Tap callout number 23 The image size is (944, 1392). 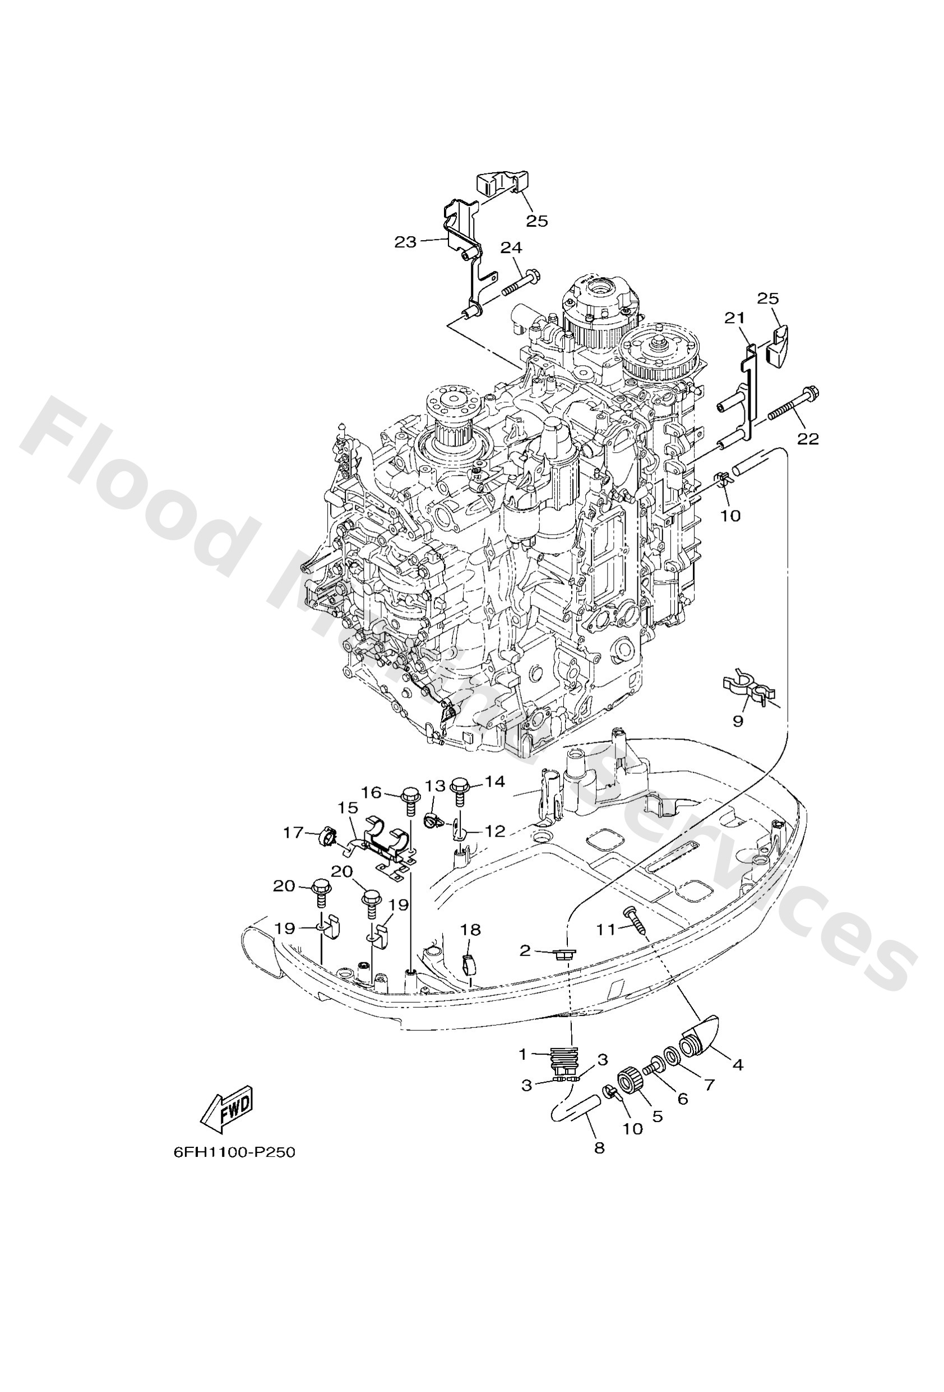click(405, 242)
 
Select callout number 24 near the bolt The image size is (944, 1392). click(511, 247)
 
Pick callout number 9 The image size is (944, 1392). click(738, 720)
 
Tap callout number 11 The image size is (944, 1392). click(606, 929)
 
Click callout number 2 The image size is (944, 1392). click(525, 950)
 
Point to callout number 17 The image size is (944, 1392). click(293, 833)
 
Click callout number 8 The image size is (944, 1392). click(599, 1147)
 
